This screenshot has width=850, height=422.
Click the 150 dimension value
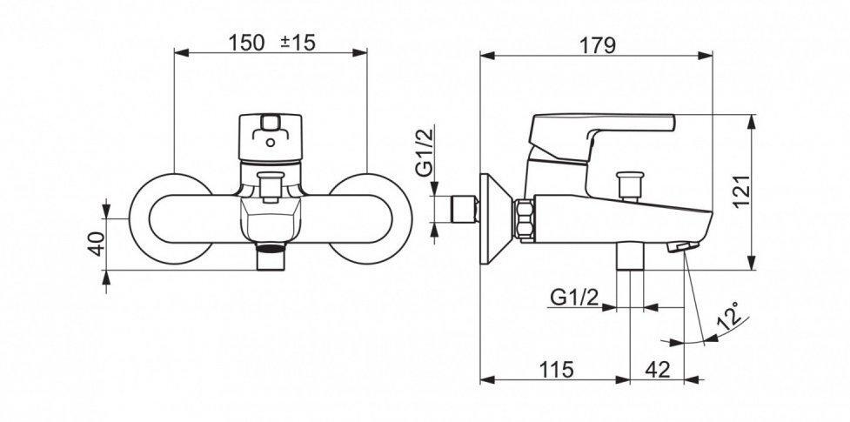point(246,43)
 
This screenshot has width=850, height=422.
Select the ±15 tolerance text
point(298,43)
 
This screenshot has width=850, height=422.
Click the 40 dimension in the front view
point(96,243)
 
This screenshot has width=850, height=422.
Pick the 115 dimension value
point(556,370)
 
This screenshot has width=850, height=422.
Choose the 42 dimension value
point(658,370)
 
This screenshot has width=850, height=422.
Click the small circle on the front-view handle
point(270,144)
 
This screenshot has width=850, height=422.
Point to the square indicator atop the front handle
point(270,123)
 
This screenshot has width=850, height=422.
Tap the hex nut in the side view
point(525,218)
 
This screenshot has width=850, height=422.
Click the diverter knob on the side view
point(630,186)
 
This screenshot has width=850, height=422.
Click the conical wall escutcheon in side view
point(496,218)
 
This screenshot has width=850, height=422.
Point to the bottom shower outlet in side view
point(630,256)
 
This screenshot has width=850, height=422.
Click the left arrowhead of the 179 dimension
point(487,55)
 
